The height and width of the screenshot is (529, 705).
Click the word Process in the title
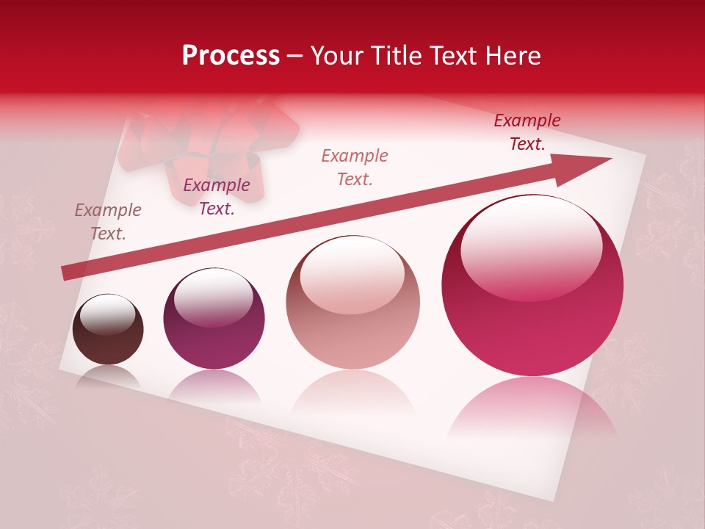click(231, 56)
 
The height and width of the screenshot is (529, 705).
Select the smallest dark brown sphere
click(108, 330)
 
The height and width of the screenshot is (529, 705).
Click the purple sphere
click(214, 319)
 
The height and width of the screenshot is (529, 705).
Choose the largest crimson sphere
click(532, 286)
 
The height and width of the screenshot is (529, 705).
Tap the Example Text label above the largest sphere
click(527, 132)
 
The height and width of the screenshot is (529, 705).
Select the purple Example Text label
click(217, 197)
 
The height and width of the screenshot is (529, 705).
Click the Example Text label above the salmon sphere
click(355, 167)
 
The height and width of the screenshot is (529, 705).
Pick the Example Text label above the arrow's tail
click(108, 222)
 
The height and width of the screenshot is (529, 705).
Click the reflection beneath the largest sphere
click(532, 408)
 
